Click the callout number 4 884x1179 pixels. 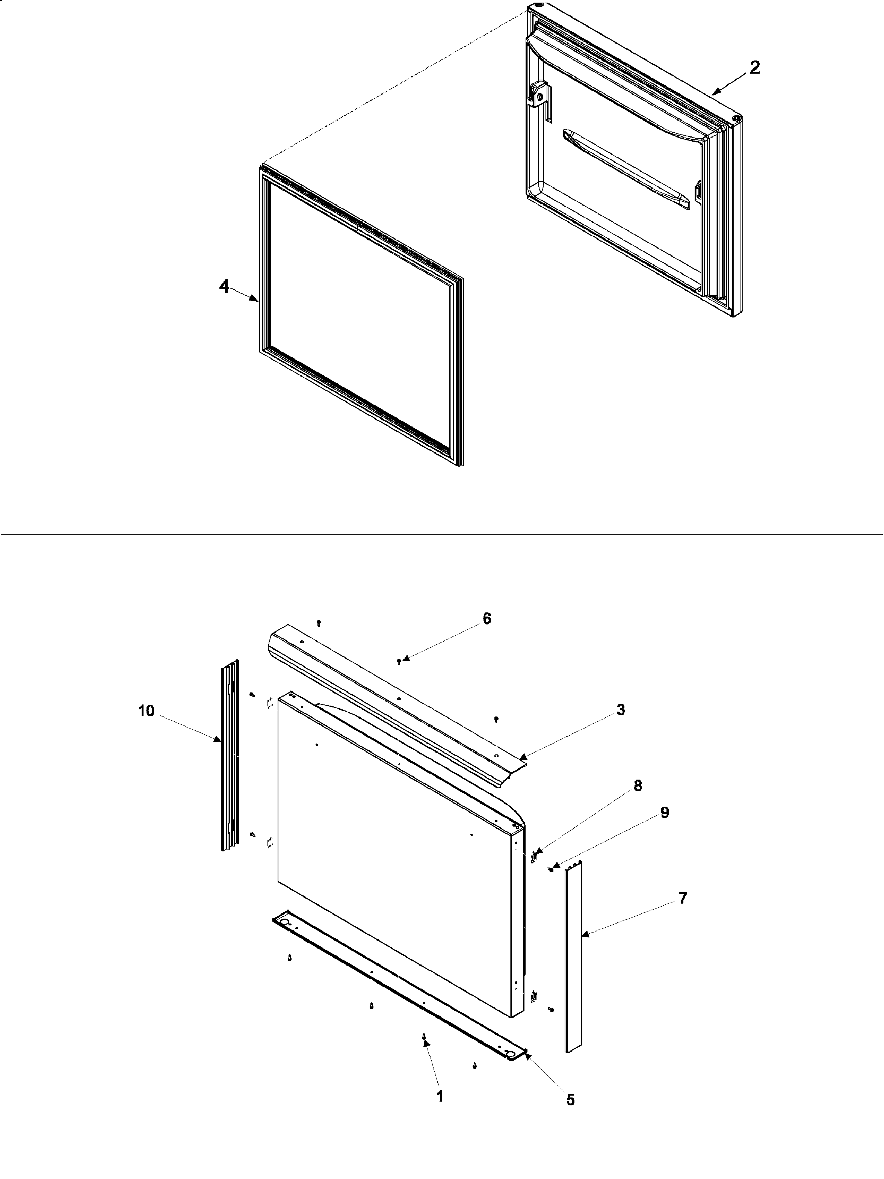point(224,287)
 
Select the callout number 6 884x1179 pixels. point(487,619)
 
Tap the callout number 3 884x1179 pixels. point(621,710)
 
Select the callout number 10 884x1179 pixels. point(146,710)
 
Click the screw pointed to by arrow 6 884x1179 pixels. point(399,662)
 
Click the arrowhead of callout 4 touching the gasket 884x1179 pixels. point(257,301)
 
